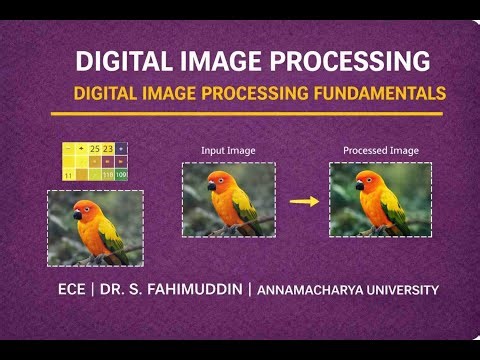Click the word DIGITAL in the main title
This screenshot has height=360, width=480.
point(127,61)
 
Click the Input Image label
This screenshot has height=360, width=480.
point(227,151)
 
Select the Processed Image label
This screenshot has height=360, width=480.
point(380,151)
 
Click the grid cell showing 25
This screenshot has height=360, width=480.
point(94,149)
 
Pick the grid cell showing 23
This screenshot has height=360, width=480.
point(108,149)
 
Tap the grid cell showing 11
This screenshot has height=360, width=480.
point(67,174)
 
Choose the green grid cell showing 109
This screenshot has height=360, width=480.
point(121,174)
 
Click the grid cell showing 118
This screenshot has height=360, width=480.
point(107,174)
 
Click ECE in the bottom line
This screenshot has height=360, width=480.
point(73,290)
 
